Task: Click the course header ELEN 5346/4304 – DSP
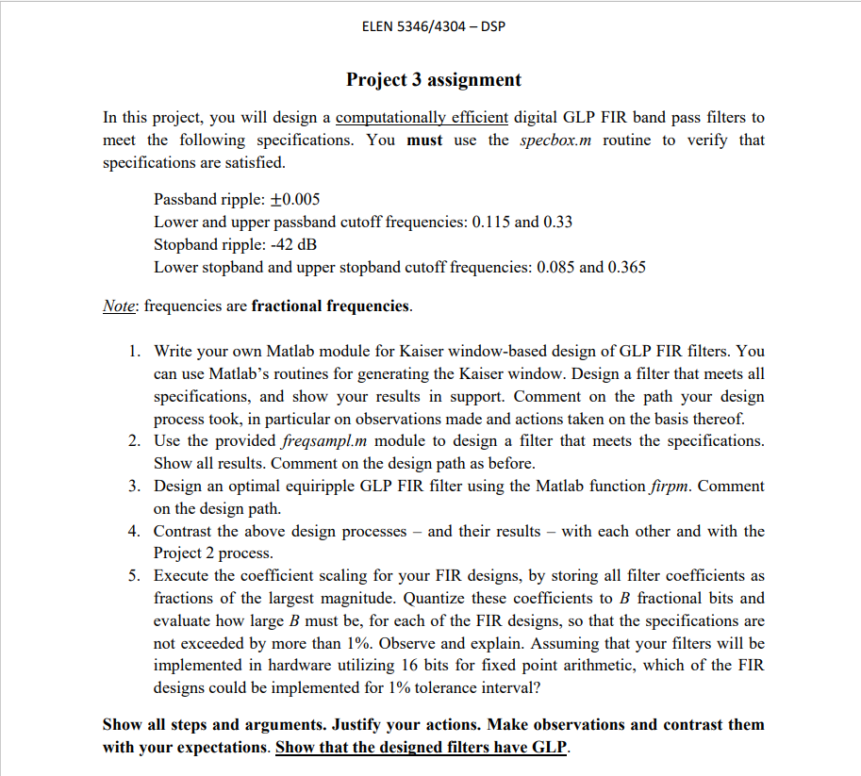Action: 433,25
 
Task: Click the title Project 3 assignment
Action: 433,79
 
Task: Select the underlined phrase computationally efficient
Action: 422,118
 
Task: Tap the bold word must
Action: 424,140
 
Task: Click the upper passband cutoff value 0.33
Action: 556,223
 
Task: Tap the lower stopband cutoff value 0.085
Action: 555,268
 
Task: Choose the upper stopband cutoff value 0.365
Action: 627,268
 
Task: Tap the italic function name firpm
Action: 669,487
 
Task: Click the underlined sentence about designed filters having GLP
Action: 422,748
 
